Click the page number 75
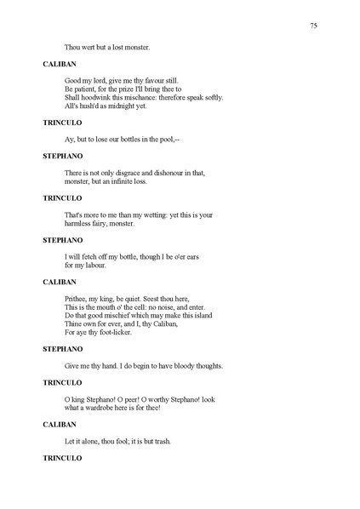(x=314, y=26)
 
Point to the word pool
(x=171, y=140)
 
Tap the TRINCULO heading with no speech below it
(x=63, y=458)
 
